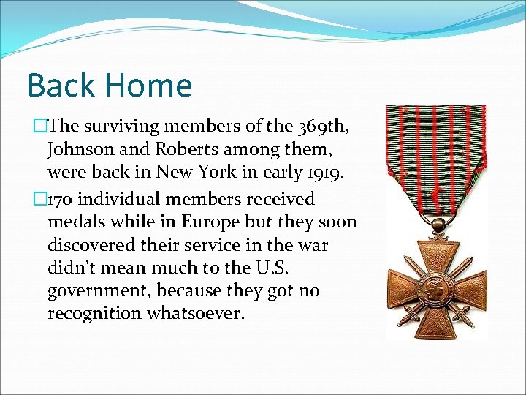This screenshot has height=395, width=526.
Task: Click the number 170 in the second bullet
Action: (x=64, y=199)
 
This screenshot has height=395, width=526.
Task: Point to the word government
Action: (x=99, y=291)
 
